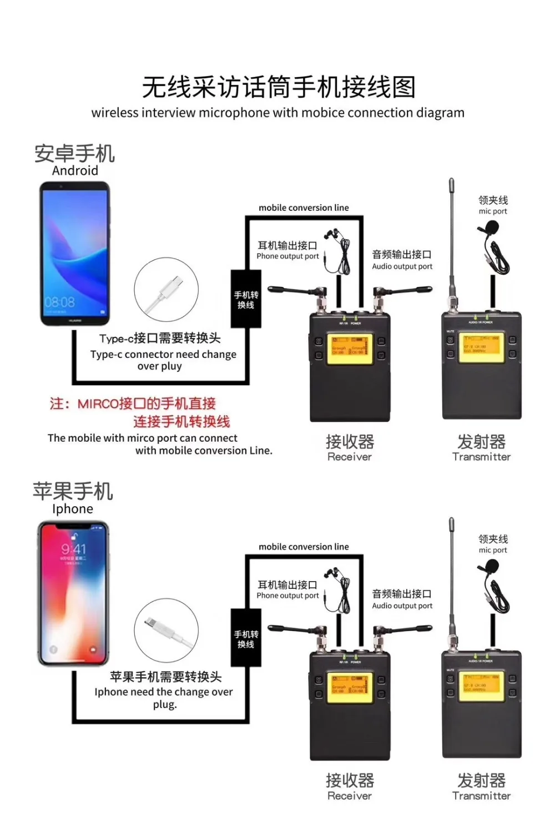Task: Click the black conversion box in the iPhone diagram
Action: point(246,639)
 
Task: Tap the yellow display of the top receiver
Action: point(349,350)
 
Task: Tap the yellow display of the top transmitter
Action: point(481,347)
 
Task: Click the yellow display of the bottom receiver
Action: point(349,688)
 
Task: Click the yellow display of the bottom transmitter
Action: point(481,686)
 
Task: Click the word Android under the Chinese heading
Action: point(75,171)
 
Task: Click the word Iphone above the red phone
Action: point(73,509)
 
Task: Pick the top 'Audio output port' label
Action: point(402,266)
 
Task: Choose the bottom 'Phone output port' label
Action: point(287,595)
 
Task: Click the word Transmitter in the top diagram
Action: point(481,457)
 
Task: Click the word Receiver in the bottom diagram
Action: point(350,796)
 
